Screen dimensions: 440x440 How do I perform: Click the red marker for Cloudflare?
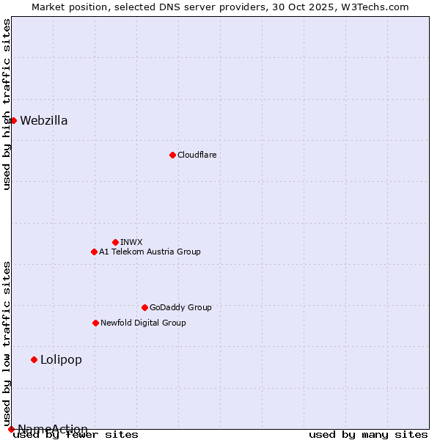coord(172,155)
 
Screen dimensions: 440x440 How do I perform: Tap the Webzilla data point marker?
coord(13,120)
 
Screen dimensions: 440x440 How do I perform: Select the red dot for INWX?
coord(115,242)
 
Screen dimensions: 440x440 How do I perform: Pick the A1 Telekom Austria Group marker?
coord(94,252)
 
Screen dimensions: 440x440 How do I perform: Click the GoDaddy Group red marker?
coord(144,307)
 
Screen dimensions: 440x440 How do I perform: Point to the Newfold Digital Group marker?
coord(95,323)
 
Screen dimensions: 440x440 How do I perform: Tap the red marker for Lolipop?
coord(34,359)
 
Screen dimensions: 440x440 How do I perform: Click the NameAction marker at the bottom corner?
coord(11,429)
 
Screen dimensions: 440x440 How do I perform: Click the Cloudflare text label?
coord(197,155)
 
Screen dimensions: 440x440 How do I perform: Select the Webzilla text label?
coord(44,121)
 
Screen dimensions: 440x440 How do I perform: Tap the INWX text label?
coord(131,242)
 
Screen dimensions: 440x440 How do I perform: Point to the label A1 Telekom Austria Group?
coord(150,252)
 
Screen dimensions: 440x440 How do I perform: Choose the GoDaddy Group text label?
coord(180,307)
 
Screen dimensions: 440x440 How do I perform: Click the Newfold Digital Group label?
coord(143,323)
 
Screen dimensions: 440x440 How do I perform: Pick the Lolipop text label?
coord(61,359)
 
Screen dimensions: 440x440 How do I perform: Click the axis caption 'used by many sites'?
coord(368,434)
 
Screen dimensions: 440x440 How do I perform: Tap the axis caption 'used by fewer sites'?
coord(76,434)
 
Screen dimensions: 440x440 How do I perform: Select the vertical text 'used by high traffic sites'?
coord(7,104)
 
